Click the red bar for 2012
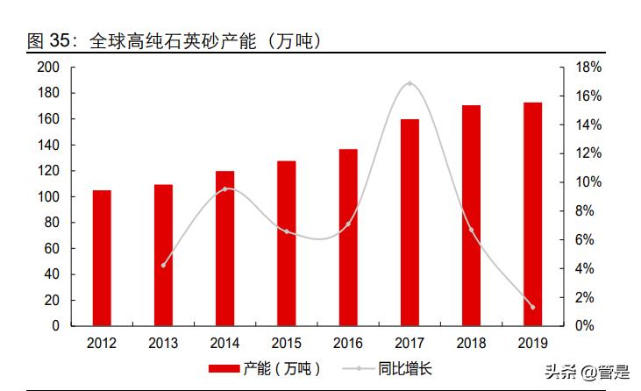tap(102, 258)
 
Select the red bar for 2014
tap(224, 248)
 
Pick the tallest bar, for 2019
tap(532, 214)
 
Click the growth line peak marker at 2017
tap(410, 83)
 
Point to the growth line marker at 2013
tap(163, 265)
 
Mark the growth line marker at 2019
tap(532, 307)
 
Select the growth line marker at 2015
tap(287, 231)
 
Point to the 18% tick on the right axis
tap(588, 68)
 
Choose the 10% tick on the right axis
tap(588, 182)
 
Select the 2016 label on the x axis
tap(348, 343)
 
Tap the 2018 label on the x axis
tap(471, 343)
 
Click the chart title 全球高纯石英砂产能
tap(170, 41)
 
